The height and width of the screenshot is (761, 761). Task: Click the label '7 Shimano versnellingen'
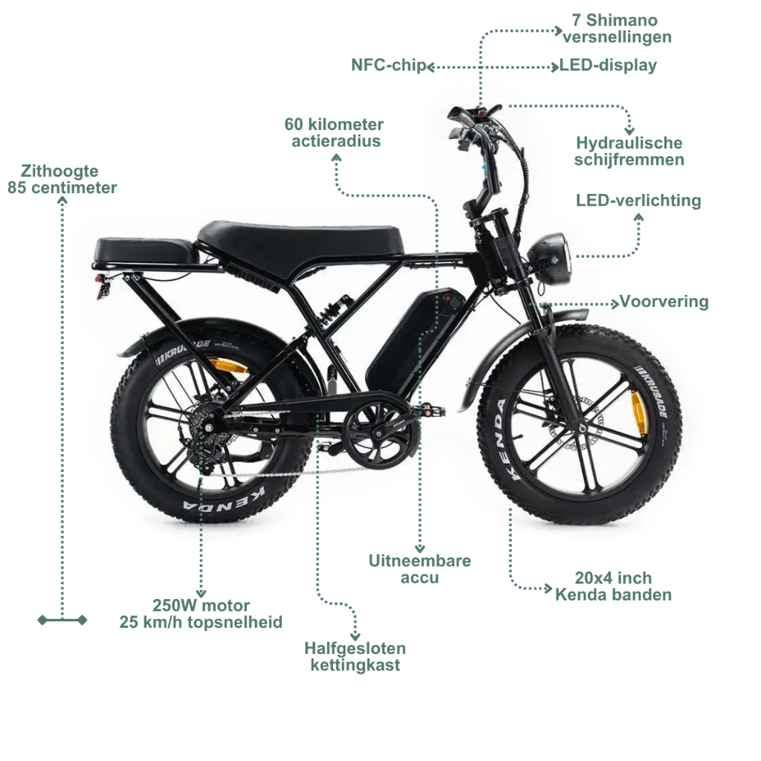616,29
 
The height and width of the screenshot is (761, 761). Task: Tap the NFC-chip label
388,65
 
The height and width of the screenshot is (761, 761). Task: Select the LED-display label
608,65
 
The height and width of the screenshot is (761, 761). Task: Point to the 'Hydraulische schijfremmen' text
629,151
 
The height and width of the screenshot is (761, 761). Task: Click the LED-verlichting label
638,200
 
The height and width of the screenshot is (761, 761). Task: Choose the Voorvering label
664,302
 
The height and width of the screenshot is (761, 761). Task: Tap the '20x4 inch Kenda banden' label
613,586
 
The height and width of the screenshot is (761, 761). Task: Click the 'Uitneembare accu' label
420,569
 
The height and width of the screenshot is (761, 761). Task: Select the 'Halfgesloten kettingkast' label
355,657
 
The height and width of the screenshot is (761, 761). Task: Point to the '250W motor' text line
201,605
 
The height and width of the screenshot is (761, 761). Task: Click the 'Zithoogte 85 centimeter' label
62,179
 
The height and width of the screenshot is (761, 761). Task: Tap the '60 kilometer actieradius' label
334,132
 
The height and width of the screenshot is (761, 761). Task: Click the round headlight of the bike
551,258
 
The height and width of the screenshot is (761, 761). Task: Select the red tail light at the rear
103,286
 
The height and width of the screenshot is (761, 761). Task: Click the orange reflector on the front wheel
638,412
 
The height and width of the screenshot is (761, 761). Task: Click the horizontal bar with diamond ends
62,620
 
